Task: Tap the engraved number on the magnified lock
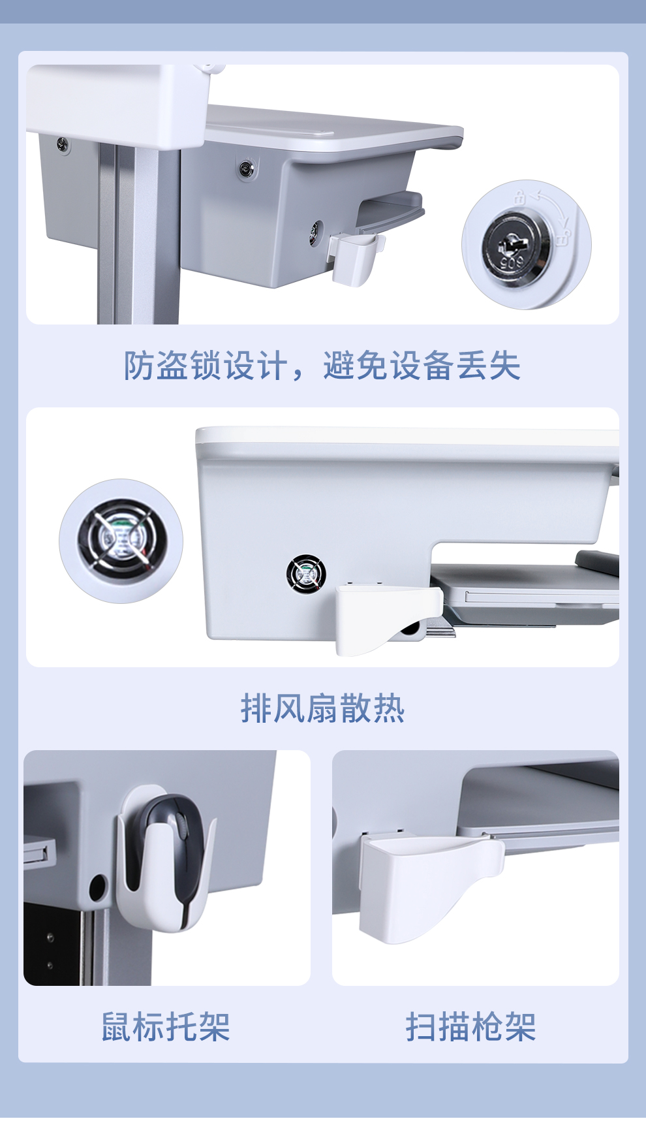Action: point(512,262)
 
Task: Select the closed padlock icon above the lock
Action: point(519,196)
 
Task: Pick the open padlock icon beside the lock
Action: point(563,235)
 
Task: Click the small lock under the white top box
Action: point(63,144)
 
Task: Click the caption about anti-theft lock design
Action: point(322,365)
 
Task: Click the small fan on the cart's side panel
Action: point(306,574)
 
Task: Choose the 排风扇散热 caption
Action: point(322,708)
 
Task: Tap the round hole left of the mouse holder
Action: point(98,887)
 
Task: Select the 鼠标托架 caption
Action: point(166,1027)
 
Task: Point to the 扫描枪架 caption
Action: point(471,1027)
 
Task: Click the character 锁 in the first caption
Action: point(206,365)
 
